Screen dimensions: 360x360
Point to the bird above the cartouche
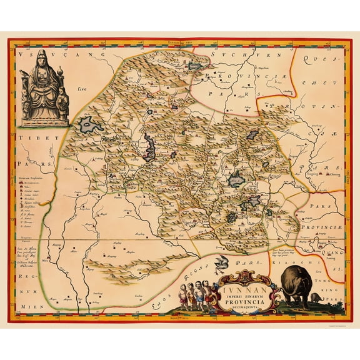(x=221, y=261)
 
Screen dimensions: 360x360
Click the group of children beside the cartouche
(x=194, y=293)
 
